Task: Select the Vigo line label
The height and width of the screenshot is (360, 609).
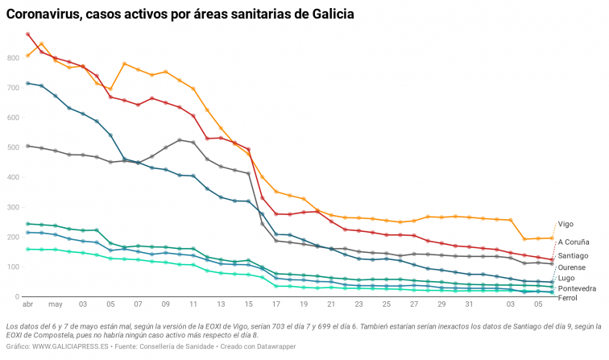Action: [x=565, y=224]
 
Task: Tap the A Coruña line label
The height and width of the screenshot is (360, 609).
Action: [x=574, y=242]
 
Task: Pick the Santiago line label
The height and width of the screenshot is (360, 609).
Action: [x=574, y=255]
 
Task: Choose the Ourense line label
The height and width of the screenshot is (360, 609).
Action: [x=572, y=267]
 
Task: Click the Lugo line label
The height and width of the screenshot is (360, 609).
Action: [x=566, y=277]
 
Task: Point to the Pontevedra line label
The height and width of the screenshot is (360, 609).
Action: [x=577, y=288]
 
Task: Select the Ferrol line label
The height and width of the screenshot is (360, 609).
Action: [x=567, y=298]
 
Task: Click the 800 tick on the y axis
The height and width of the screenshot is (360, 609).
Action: [x=13, y=58]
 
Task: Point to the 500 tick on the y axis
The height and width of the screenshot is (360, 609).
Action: [x=13, y=147]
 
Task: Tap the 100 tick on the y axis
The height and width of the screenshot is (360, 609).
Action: [x=13, y=267]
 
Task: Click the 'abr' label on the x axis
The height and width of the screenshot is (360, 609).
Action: [x=27, y=305]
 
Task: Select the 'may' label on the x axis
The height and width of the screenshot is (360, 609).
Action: [x=55, y=305]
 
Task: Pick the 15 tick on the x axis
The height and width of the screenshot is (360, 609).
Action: [x=248, y=305]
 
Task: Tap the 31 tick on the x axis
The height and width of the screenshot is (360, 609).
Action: [x=469, y=305]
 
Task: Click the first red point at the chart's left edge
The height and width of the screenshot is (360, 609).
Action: [x=28, y=35]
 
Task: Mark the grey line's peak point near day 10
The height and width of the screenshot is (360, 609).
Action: [x=180, y=140]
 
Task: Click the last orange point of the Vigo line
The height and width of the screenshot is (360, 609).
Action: [x=552, y=238]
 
